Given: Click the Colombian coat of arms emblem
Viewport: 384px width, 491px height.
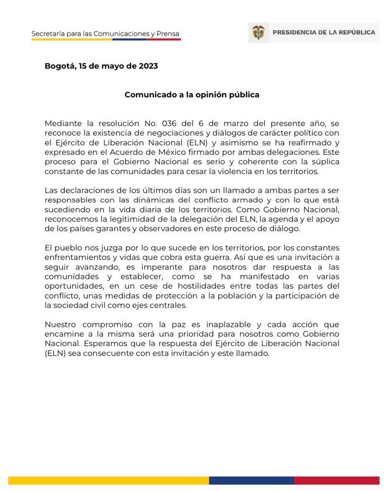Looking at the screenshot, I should [258, 33].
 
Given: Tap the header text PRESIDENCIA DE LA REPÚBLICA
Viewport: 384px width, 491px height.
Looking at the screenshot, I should [324, 33].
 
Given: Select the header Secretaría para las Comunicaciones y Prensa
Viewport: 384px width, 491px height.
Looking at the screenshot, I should [105, 34].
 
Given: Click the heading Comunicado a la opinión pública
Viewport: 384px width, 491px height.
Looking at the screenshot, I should [192, 94].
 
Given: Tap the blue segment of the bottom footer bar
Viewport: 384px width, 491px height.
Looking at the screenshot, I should [251, 480].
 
